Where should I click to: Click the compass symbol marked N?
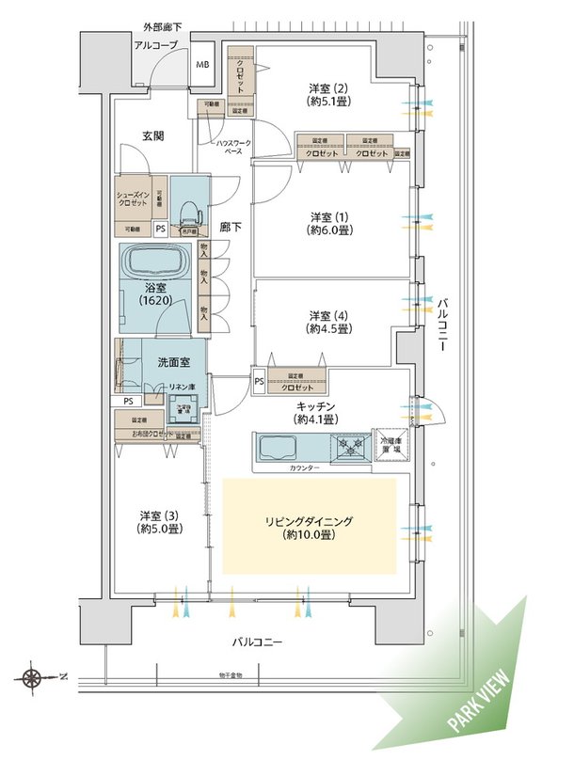(34, 676)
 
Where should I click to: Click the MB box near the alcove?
(202, 65)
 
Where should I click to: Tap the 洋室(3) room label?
(161, 522)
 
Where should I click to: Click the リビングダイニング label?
(309, 527)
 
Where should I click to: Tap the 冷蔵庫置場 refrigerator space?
(390, 444)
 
